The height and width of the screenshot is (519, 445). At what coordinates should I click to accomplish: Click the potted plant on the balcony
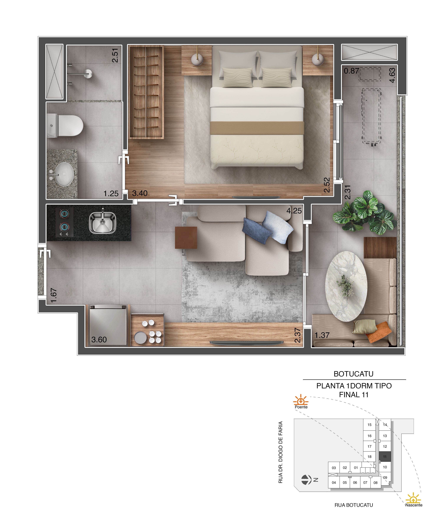tap(365, 213)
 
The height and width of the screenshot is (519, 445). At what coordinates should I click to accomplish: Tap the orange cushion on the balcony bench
tap(378, 332)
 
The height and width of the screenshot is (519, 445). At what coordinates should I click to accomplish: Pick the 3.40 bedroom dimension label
tap(140, 193)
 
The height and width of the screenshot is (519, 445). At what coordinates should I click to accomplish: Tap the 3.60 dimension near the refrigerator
tap(99, 340)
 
